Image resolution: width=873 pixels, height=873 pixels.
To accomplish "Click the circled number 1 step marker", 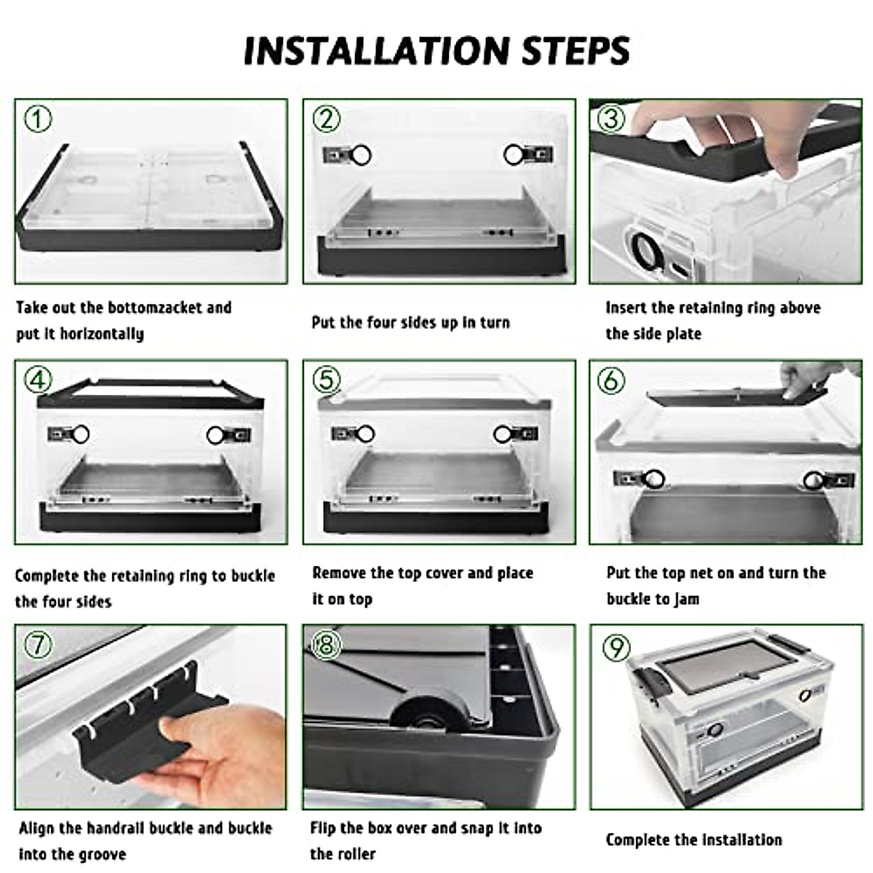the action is (38, 118).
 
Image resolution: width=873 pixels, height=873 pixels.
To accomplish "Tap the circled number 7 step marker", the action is (38, 645).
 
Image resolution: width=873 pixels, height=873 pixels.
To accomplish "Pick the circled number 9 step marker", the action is (616, 647).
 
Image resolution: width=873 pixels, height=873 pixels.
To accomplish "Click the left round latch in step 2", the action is (360, 154).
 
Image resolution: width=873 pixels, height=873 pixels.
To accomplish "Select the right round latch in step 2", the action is (514, 154).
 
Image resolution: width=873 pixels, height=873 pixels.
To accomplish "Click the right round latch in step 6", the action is (814, 479).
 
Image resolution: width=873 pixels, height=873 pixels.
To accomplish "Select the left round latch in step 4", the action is (79, 434).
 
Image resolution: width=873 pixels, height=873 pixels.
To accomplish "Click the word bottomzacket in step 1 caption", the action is (155, 307).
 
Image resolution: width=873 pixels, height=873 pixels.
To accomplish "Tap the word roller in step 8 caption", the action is (358, 853).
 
